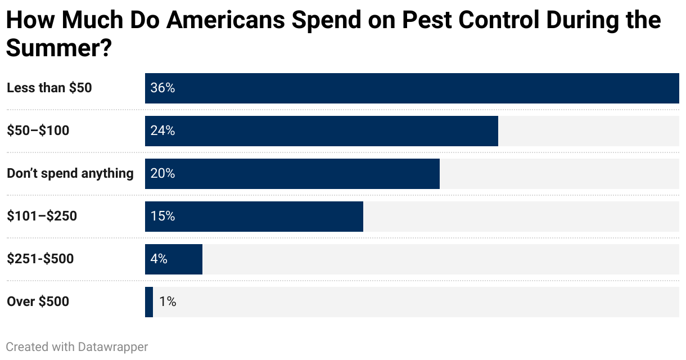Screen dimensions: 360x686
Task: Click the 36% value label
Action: pyautogui.click(x=163, y=88)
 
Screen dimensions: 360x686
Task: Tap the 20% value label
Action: pyautogui.click(x=163, y=174)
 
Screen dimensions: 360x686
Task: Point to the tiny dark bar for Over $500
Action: pyautogui.click(x=149, y=302)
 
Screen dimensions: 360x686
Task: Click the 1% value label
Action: pyautogui.click(x=168, y=302)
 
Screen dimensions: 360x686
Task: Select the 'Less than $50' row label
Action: pyautogui.click(x=49, y=88)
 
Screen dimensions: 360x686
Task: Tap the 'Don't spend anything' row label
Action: pyautogui.click(x=70, y=174)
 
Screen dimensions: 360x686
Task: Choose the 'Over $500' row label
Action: pyautogui.click(x=38, y=302)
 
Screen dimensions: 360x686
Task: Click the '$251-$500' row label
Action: pyautogui.click(x=40, y=259)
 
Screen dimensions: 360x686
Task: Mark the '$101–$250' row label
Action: pyautogui.click(x=42, y=217)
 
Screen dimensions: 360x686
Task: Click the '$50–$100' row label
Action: pyautogui.click(x=38, y=131)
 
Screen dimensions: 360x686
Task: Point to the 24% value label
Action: pyautogui.click(x=163, y=131)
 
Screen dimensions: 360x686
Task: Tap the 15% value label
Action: pyautogui.click(x=163, y=217)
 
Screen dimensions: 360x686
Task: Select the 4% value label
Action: pyautogui.click(x=159, y=259)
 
